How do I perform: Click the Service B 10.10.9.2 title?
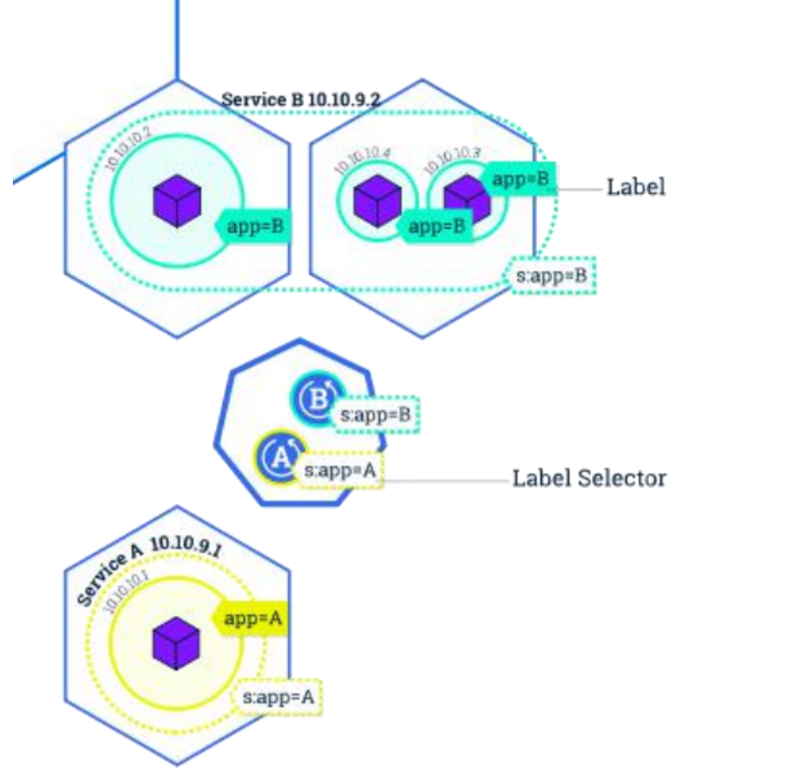tap(300, 100)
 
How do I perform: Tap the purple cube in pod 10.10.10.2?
tap(178, 203)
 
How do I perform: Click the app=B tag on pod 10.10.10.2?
tap(254, 227)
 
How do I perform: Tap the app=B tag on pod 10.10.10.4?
tap(437, 227)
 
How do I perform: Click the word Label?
tap(636, 186)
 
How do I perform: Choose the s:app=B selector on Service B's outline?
tap(553, 276)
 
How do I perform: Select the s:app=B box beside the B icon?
tap(377, 415)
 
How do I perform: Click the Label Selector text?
tap(588, 478)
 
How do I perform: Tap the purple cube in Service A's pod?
tap(176, 644)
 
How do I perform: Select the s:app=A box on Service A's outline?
tap(277, 698)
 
